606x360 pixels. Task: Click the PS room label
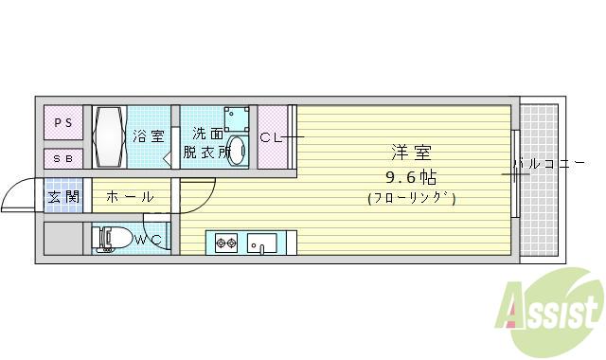pyautogui.click(x=62, y=122)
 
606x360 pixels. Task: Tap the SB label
pyautogui.click(x=62, y=158)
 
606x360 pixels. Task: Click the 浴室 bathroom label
pyautogui.click(x=148, y=136)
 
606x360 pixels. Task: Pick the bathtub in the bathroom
pyautogui.click(x=109, y=136)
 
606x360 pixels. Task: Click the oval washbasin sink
pyautogui.click(x=239, y=152)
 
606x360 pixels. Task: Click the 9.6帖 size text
pyautogui.click(x=410, y=176)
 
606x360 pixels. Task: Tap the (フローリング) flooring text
pyautogui.click(x=411, y=199)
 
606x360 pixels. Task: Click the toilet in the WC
pyautogui.click(x=112, y=240)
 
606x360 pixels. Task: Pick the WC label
pyautogui.click(x=149, y=241)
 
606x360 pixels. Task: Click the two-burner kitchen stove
pyautogui.click(x=226, y=243)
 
